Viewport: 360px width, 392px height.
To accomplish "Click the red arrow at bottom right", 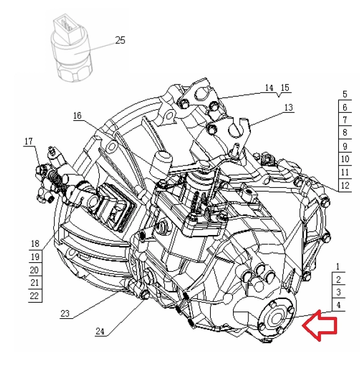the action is click(x=320, y=326).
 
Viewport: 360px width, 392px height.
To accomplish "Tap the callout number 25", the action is click(x=120, y=40).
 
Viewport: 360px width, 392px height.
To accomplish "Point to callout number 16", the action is click(x=77, y=115).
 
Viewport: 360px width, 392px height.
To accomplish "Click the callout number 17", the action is click(x=29, y=141).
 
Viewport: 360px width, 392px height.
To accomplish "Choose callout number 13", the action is click(x=288, y=107).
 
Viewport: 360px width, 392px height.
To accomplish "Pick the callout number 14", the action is click(x=269, y=87).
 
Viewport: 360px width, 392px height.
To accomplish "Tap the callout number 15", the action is click(x=285, y=87).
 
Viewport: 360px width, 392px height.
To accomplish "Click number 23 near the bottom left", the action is click(x=65, y=313).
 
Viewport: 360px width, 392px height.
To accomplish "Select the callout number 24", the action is click(x=100, y=331).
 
